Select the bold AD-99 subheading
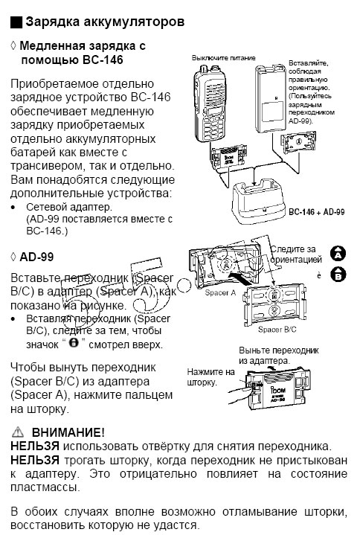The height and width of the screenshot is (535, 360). tap(37, 257)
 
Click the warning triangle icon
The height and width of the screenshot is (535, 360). tap(17, 432)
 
